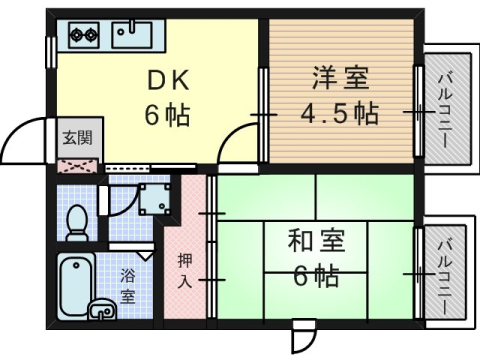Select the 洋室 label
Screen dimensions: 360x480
tap(341, 78)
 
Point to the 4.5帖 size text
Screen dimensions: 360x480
tap(341, 111)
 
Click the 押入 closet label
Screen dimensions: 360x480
tap(186, 270)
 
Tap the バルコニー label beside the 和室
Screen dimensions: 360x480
tap(445, 273)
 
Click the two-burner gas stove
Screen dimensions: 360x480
tap(83, 36)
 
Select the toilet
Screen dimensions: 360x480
tap(77, 221)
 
